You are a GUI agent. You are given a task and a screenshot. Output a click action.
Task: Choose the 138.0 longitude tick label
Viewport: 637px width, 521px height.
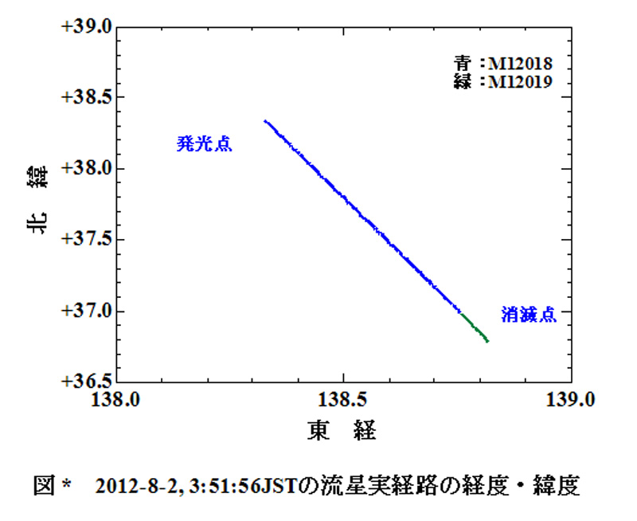(117, 399)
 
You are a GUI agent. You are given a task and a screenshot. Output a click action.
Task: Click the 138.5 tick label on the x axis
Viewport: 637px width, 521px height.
(343, 399)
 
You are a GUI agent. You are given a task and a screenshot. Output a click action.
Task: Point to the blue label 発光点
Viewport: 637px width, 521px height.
(204, 144)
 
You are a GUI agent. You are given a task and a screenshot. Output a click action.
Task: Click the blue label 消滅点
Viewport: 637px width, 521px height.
(528, 315)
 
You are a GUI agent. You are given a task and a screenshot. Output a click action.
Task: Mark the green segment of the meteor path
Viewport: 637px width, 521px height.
(475, 327)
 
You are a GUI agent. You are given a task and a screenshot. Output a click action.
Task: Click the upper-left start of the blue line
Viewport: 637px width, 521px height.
(266, 122)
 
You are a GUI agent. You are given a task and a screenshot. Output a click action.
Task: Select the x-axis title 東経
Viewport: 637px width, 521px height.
(342, 431)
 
